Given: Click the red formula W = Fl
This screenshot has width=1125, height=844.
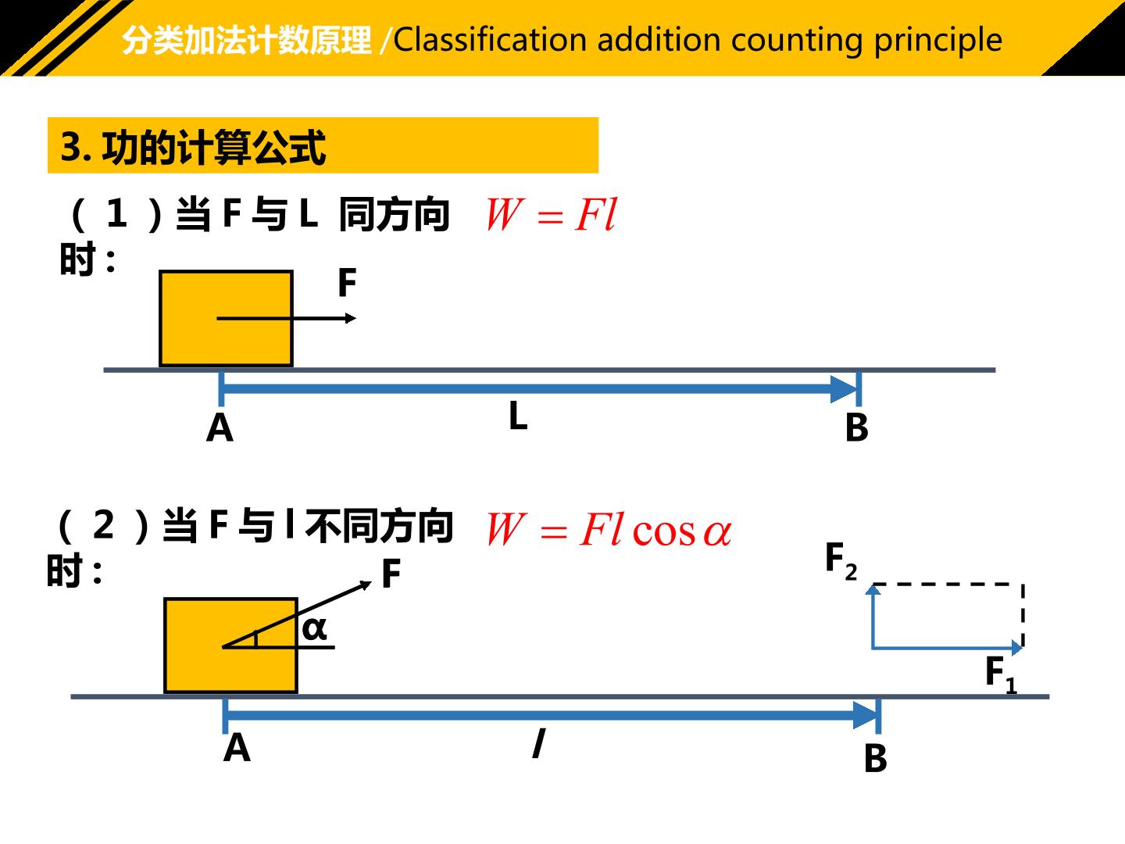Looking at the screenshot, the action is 552,215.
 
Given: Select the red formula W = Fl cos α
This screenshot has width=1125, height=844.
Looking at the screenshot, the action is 609,529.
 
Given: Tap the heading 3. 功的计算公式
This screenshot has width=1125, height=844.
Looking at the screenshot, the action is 193,147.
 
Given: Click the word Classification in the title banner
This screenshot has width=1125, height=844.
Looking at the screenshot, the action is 490,39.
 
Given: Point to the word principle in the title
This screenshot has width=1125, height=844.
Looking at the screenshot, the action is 938,41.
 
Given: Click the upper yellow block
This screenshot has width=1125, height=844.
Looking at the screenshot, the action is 226,318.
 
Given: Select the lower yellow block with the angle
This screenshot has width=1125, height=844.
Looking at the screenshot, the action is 230,646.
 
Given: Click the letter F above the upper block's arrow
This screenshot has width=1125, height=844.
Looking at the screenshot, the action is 347,283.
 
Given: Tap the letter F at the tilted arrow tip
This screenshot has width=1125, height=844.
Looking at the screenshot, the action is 391,574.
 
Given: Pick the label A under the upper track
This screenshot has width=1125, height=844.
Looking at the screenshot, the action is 220,428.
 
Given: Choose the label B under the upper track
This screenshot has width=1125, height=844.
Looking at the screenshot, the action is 856,428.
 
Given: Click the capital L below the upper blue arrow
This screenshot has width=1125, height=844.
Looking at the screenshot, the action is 518,415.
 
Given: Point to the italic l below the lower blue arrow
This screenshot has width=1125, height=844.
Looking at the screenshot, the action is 538,743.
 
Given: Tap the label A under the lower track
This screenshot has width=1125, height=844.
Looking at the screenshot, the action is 237,748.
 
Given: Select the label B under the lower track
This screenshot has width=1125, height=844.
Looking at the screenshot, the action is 876,758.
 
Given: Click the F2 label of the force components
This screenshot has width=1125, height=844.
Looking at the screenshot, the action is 841,561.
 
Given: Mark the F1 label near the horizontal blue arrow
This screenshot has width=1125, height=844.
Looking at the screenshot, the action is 1001,674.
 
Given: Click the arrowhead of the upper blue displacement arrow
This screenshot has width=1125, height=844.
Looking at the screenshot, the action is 843,389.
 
